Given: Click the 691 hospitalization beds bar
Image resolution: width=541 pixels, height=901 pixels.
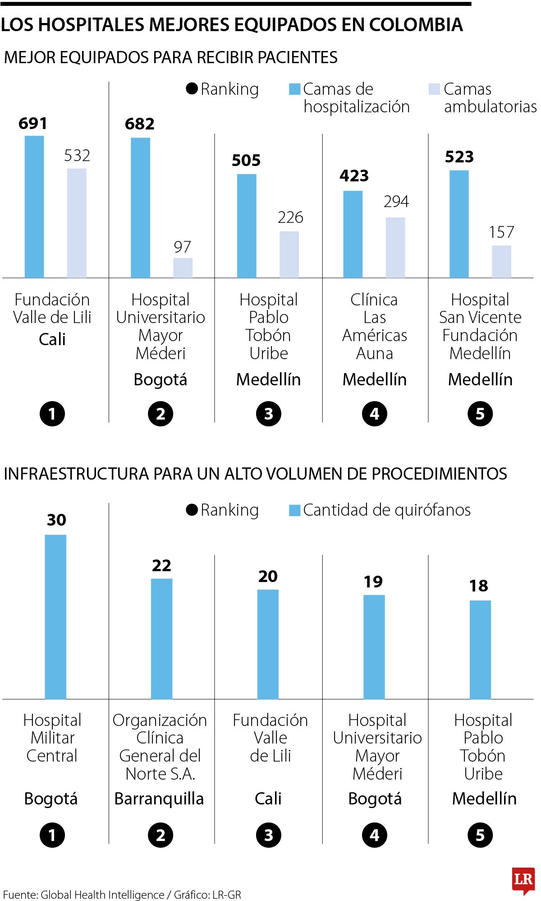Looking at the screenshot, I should pos(34,207).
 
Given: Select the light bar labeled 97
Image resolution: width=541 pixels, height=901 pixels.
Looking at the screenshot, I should pos(183,268).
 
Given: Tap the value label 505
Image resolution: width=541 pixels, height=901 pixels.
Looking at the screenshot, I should pos(246,160).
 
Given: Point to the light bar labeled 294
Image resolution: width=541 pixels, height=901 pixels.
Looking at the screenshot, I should pos(395,247).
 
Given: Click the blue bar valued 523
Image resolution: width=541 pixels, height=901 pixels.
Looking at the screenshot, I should pos(459,224).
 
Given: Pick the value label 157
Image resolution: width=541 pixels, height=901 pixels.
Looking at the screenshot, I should pos(501,232).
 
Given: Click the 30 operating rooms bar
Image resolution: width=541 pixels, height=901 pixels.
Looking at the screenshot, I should pos(55,616).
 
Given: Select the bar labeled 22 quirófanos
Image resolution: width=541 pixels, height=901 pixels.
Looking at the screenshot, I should pos(161,638).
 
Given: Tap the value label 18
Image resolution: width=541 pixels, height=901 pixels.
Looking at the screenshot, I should pos(478,586).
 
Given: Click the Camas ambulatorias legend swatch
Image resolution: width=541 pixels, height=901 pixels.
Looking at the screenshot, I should pos(434,89).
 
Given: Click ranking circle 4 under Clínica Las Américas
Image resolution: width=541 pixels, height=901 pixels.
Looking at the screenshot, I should pos(374,414).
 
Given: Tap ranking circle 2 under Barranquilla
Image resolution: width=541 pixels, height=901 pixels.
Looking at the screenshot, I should pos(160,835).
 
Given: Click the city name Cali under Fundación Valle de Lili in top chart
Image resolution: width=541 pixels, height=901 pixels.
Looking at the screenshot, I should pos(52,339).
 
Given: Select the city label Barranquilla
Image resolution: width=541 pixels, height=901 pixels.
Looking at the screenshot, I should pos(159,799).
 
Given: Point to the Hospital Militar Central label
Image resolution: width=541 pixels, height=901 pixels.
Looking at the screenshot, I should pos(52,738).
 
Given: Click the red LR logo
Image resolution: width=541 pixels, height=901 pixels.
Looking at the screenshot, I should pos(523,879).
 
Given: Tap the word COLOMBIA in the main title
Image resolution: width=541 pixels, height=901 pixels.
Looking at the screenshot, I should pos(416,25).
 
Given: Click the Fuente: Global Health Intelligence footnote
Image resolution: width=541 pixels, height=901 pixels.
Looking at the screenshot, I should pos(122,894).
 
